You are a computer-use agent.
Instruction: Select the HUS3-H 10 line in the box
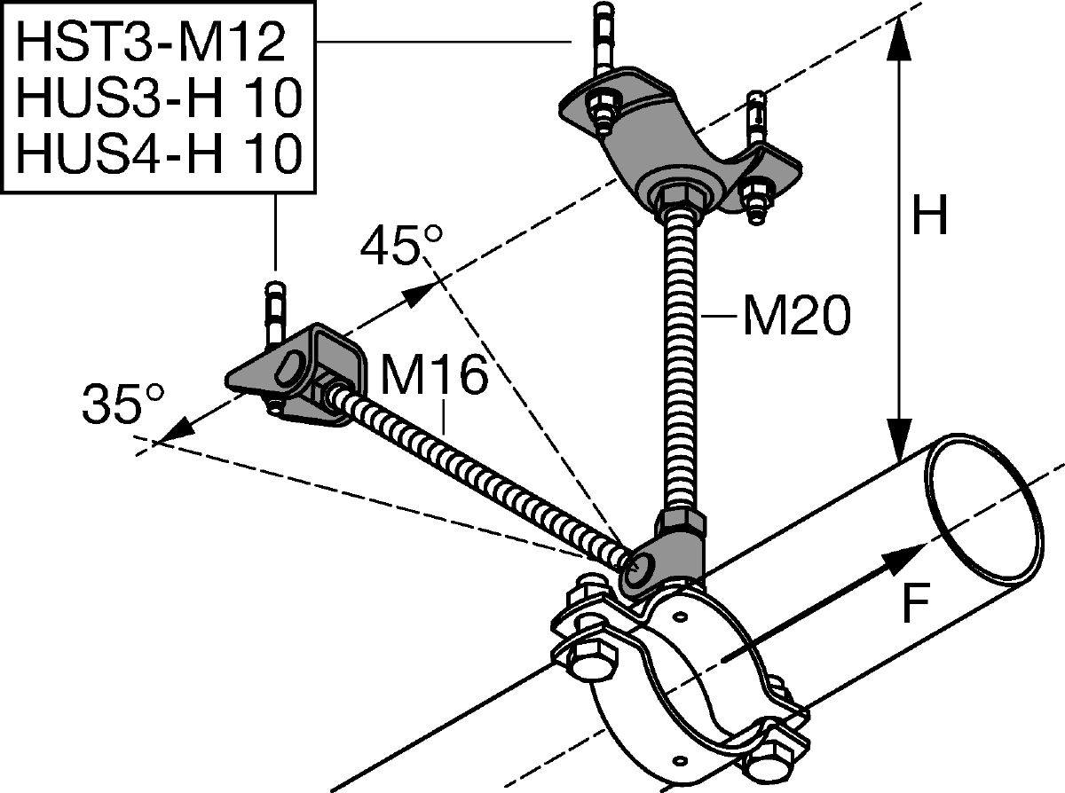[x=159, y=98]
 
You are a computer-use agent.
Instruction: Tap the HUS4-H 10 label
[x=159, y=153]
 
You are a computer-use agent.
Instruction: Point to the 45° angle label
[x=401, y=245]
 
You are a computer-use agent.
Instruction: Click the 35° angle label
[x=123, y=404]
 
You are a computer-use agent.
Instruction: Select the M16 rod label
[x=434, y=375]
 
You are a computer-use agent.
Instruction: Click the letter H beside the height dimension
[x=929, y=215]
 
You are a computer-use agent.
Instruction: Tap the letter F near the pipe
[x=916, y=603]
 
